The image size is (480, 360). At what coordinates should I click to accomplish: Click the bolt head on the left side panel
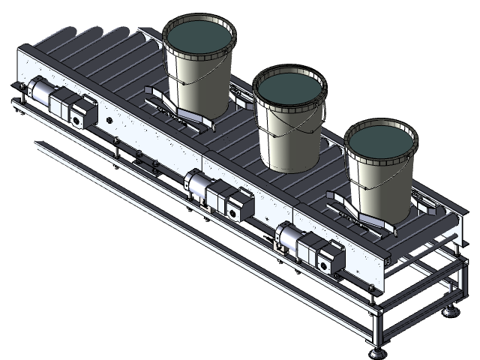click(x=110, y=119)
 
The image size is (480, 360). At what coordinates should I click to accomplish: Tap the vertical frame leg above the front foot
click(x=373, y=326)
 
